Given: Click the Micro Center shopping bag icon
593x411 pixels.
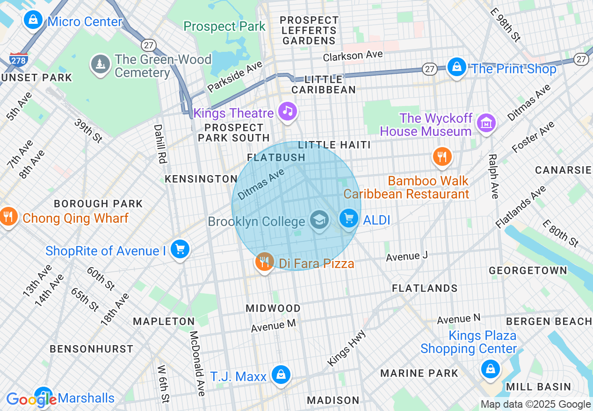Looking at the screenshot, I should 33,20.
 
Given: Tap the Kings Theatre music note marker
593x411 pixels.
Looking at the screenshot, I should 288,111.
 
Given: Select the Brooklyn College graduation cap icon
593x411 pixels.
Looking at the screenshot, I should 320,220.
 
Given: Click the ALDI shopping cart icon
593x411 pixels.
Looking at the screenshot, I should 349,218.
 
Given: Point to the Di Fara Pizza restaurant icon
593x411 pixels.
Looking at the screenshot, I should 265,261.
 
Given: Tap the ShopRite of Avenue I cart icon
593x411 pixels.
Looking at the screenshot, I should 180,249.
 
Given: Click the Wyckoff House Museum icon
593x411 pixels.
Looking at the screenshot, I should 486,123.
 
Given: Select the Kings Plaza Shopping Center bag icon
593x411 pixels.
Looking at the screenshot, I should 490,368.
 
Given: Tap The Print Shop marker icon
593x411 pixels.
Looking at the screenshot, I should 456,67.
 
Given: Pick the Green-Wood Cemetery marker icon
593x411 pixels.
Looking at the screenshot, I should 100,64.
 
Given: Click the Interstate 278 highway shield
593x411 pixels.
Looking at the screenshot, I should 18,60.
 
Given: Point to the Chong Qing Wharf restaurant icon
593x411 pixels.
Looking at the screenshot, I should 8,216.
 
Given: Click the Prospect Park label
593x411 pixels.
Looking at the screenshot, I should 224,27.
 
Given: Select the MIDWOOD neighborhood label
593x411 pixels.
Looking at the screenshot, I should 273,308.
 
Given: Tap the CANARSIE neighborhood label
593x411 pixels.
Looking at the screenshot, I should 563,170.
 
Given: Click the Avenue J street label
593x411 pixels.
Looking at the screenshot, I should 407,256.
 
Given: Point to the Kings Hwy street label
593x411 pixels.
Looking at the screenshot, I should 346,348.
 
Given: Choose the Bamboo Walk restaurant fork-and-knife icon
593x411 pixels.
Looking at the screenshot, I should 441,156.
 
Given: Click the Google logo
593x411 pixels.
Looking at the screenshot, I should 31,399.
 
